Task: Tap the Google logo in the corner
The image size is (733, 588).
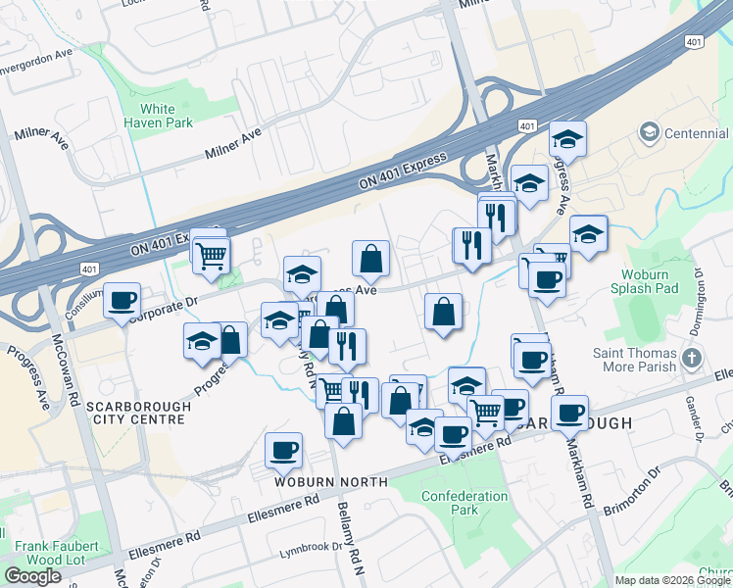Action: [32, 576]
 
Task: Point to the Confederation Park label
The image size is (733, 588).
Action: [464, 503]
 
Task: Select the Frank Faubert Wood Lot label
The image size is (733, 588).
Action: [56, 553]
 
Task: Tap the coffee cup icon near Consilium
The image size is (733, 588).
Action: [122, 300]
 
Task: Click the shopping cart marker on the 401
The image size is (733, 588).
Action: [211, 256]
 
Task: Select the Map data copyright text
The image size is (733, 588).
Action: [671, 580]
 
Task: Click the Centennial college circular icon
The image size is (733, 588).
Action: [648, 131]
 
